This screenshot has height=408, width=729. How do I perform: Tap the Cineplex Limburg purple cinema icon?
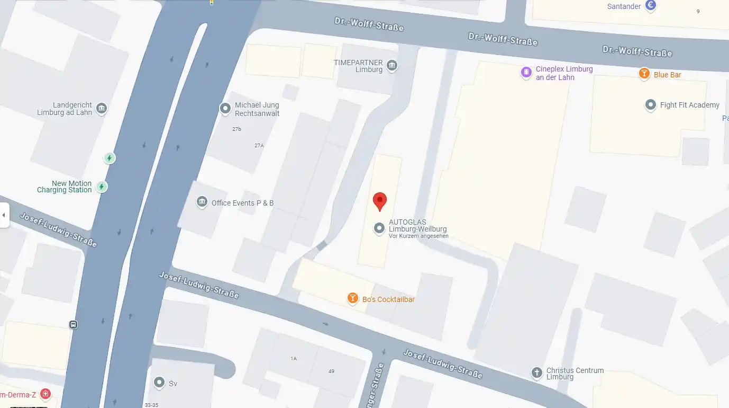click(x=526, y=73)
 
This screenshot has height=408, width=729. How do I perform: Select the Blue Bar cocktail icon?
click(x=644, y=74)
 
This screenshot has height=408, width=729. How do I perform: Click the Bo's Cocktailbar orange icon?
click(x=352, y=299)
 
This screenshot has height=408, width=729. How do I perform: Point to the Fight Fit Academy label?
click(x=689, y=105)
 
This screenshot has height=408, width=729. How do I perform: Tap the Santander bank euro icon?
click(x=651, y=6)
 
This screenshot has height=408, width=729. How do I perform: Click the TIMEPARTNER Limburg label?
click(x=358, y=66)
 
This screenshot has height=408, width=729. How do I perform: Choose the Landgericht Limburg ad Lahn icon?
click(x=102, y=109)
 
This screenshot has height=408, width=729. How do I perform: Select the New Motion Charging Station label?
click(x=64, y=187)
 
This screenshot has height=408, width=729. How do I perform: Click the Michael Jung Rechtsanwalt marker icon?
click(x=225, y=109)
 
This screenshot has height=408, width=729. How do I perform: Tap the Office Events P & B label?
click(x=242, y=203)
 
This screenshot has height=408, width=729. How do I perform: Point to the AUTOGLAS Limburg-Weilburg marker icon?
click(x=379, y=228)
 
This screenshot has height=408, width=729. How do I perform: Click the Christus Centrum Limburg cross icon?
click(x=536, y=372)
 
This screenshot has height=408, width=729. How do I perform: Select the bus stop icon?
click(x=73, y=324)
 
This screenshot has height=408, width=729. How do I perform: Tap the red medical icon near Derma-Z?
click(x=45, y=394)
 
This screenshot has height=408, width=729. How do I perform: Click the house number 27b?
click(x=236, y=129)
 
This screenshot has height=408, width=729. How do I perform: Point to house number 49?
click(x=331, y=371)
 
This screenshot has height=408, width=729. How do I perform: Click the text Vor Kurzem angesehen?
click(x=418, y=236)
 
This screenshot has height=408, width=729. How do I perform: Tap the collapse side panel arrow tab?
click(x=4, y=215)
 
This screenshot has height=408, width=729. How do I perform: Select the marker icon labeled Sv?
click(x=159, y=382)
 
